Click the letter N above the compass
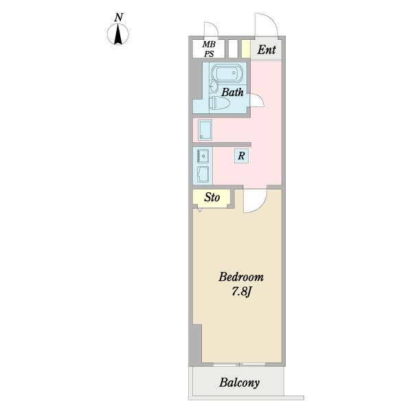pos(119,17)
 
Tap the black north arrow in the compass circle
pos(118,34)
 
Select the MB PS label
pos(209,49)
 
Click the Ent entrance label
pos(266,49)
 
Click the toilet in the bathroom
pos(219,103)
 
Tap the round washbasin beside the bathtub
pos(214,87)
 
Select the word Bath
pos(232,92)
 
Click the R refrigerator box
pos(241,156)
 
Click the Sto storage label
pos(211,197)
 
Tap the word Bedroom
pos(241,277)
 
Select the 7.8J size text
pos(242,292)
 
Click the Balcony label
pos(240,382)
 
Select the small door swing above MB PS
pos(214,26)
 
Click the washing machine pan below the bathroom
pos(205,130)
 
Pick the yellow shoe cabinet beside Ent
pos(245,49)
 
